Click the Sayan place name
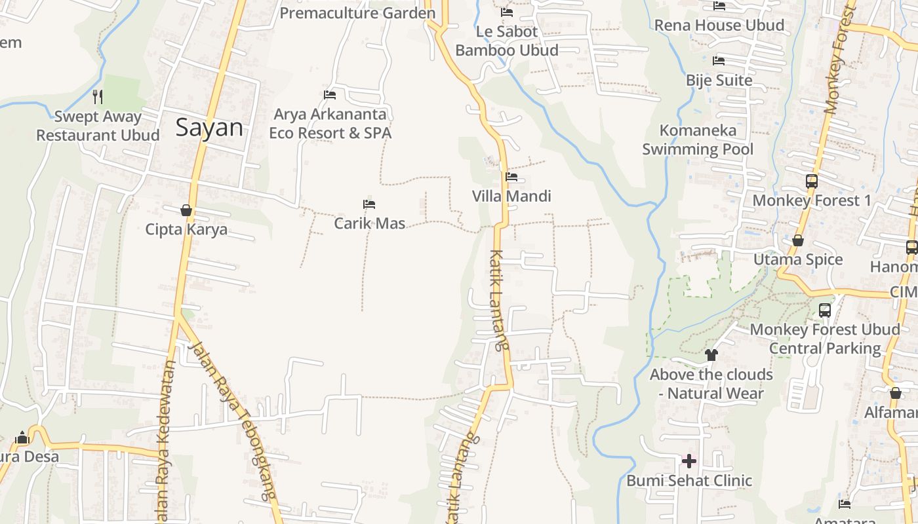[209, 127]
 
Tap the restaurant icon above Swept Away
[98, 97]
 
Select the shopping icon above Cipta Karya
[186, 210]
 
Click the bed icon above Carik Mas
[369, 204]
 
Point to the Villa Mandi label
[511, 196]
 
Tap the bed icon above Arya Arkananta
[330, 95]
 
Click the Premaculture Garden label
[357, 13]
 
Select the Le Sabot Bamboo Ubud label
[507, 41]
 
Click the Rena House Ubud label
[719, 25]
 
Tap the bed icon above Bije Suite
[719, 61]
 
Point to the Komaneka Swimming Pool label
[698, 140]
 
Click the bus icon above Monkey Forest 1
[812, 181]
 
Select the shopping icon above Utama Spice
[798, 240]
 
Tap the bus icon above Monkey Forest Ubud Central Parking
[825, 310]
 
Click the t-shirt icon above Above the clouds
[711, 355]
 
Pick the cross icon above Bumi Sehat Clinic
[688, 461]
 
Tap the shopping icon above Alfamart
[896, 393]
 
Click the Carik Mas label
[370, 223]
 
